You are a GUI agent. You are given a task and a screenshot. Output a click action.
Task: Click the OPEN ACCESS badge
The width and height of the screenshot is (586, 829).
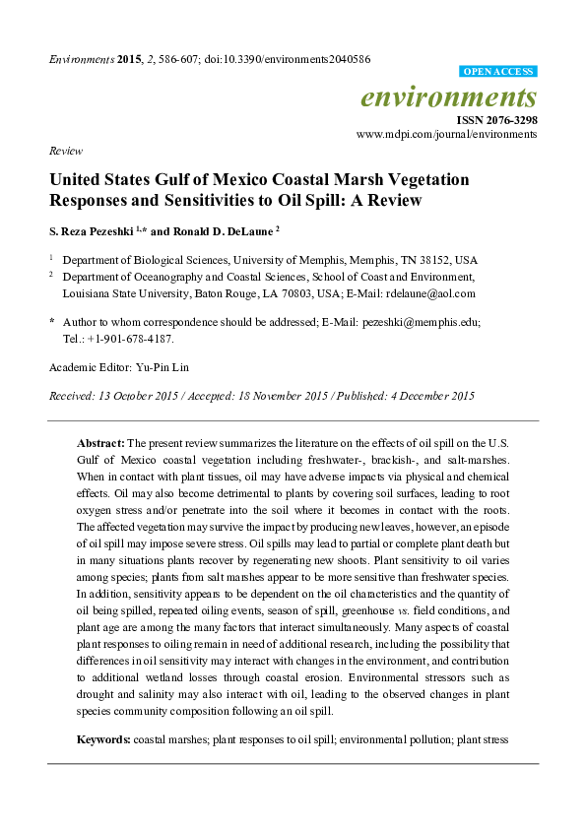point(498,72)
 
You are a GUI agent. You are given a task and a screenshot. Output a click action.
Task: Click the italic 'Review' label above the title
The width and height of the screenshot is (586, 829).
point(64,151)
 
